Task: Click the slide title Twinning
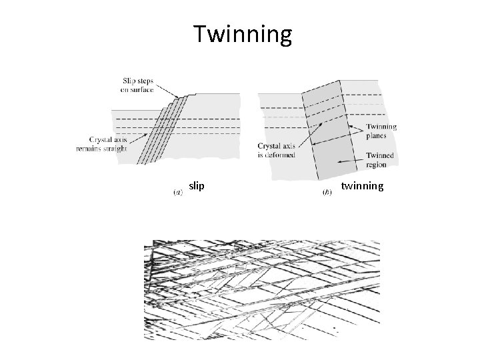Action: [x=243, y=35]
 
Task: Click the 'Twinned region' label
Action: [x=379, y=159]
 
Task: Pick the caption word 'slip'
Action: [x=196, y=186]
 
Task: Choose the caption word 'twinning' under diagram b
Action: [x=362, y=186]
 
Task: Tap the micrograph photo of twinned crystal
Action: [x=262, y=289]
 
